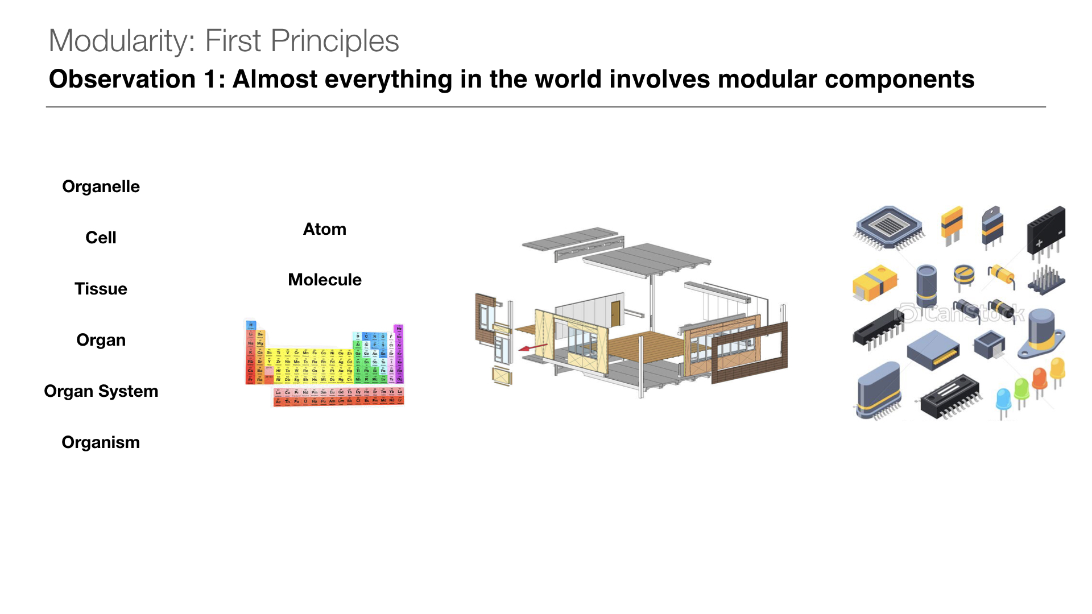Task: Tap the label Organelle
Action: pyautogui.click(x=101, y=186)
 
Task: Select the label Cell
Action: pyautogui.click(x=101, y=238)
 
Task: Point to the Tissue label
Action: pyautogui.click(x=101, y=289)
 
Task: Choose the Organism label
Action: pyautogui.click(x=101, y=442)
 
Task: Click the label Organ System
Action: pyautogui.click(x=101, y=391)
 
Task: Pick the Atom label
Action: pyautogui.click(x=324, y=229)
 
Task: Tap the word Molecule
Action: pyautogui.click(x=324, y=280)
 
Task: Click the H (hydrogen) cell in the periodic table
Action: pyautogui.click(x=251, y=325)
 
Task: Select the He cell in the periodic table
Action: pyautogui.click(x=399, y=328)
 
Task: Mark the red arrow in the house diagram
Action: pyautogui.click(x=533, y=347)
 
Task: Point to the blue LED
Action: pyautogui.click(x=1003, y=398)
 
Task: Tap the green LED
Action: pyautogui.click(x=1021, y=389)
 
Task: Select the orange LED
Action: pyautogui.click(x=1040, y=377)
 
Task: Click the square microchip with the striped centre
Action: pyautogui.click(x=889, y=227)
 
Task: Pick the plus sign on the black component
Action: pyautogui.click(x=1039, y=243)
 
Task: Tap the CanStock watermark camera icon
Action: pyautogui.click(x=907, y=313)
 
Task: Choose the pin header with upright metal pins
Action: pyautogui.click(x=1046, y=280)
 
